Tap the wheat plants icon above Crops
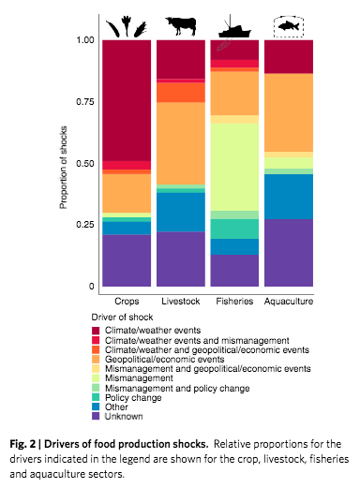(127, 24)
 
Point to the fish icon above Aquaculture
(288, 25)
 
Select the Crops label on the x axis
(127, 303)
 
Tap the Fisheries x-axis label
(234, 303)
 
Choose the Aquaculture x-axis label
(288, 303)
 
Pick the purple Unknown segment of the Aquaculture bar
(288, 253)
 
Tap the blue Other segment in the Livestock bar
(181, 211)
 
